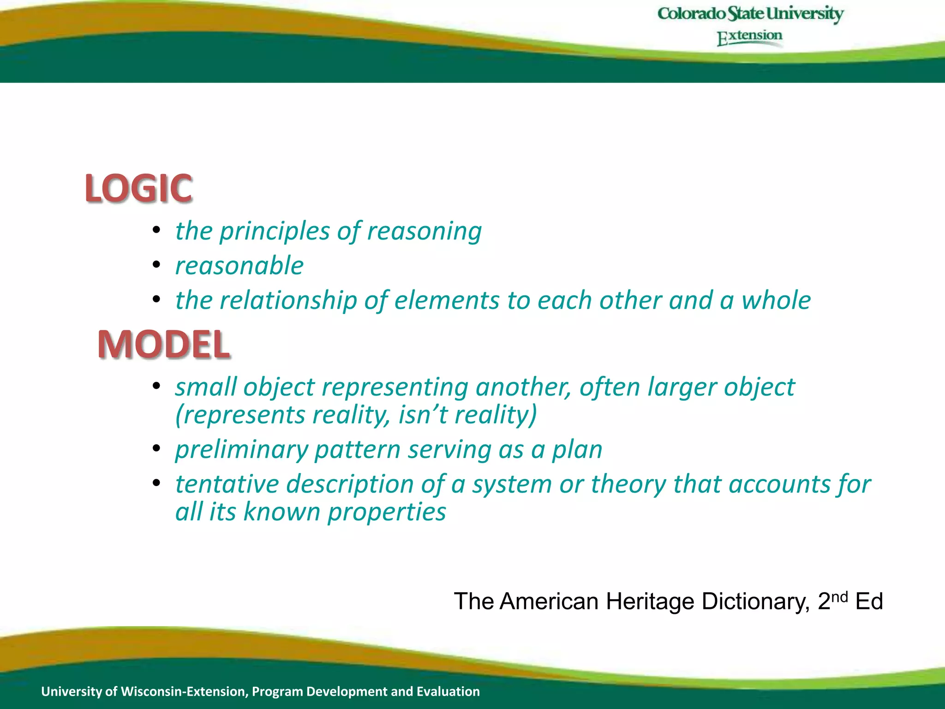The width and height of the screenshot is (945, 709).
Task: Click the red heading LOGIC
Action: (x=138, y=188)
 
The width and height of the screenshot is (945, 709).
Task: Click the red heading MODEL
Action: (x=164, y=344)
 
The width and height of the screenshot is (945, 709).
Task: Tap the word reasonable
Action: (x=239, y=266)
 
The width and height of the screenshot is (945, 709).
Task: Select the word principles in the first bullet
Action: (x=275, y=231)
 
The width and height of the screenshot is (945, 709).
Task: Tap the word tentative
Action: (x=227, y=484)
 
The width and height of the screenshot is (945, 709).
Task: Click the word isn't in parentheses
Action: (x=423, y=415)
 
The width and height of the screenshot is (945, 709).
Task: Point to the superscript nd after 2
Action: (x=839, y=597)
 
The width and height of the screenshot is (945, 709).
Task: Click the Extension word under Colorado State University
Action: (x=749, y=37)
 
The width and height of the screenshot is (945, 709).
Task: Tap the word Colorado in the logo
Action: (x=691, y=14)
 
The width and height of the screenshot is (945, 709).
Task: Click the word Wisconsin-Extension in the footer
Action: (x=184, y=691)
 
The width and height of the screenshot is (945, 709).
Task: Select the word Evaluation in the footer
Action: (x=448, y=691)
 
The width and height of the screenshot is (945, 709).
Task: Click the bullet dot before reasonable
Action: (x=156, y=265)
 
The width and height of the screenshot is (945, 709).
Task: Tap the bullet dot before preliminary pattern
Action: (x=156, y=448)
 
